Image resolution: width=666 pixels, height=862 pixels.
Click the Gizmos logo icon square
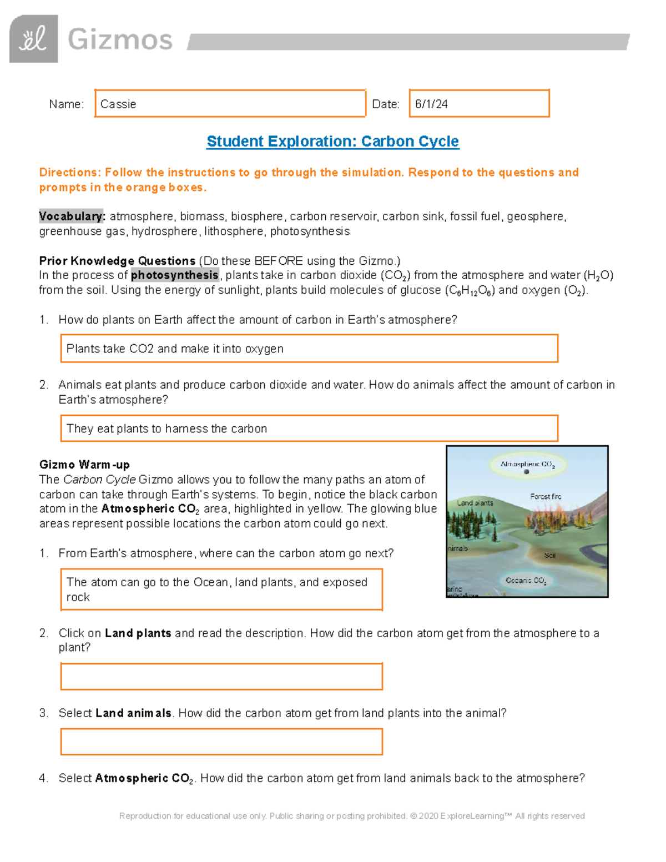[x=33, y=39]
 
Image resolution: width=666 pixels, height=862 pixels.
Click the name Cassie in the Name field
[x=118, y=104]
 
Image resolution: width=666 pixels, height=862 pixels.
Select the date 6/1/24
[x=431, y=104]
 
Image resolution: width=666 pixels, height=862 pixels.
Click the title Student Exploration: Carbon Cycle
[x=332, y=142]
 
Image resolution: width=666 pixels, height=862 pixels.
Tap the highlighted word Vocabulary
[x=72, y=216]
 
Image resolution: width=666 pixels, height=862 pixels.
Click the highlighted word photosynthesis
[x=175, y=275]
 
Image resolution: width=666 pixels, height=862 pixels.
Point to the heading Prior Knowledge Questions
[x=117, y=261]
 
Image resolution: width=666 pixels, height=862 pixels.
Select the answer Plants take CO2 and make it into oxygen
[x=175, y=349]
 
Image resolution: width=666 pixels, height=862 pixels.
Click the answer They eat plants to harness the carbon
[x=167, y=429]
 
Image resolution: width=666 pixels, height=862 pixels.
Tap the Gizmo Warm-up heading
[x=84, y=465]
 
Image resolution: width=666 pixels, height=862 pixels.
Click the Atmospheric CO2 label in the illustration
[x=527, y=464]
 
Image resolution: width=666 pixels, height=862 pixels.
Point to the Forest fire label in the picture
[x=545, y=496]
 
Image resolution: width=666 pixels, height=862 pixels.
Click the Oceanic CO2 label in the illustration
[x=526, y=581]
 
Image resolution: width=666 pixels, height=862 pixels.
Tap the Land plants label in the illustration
[x=475, y=503]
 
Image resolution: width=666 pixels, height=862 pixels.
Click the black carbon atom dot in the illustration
[x=526, y=472]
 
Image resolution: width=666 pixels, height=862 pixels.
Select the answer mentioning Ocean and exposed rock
[x=216, y=589]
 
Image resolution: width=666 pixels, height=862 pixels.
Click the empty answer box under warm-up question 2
[x=221, y=677]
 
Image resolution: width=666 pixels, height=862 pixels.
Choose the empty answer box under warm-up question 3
[x=221, y=742]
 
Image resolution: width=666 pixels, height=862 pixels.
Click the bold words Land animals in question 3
[x=133, y=713]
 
